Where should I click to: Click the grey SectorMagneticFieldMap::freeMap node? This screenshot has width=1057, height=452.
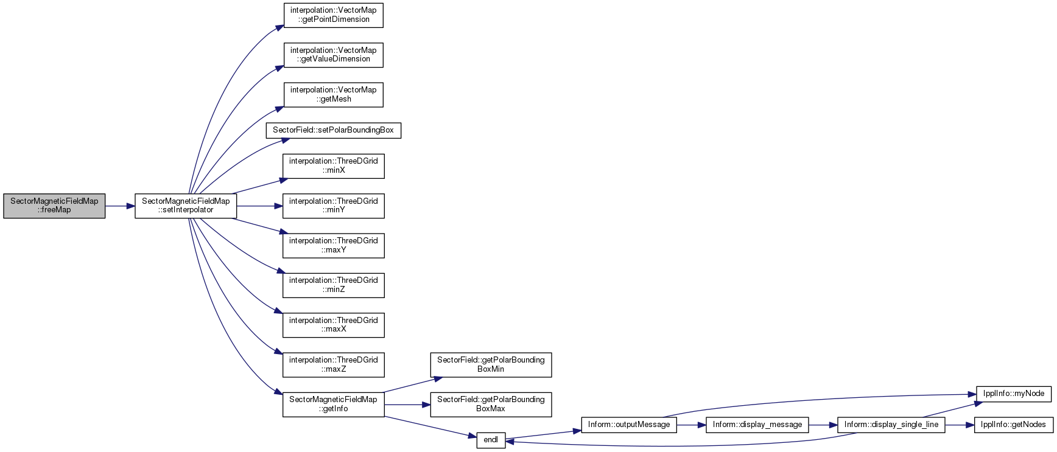pos(54,206)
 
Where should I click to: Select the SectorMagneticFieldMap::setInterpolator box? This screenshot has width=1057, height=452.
pos(186,206)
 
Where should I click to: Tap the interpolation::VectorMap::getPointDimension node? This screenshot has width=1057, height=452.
pos(334,15)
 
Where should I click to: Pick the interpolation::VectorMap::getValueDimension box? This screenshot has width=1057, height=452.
pos(334,55)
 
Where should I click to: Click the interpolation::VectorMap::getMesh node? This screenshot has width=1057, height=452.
pos(334,95)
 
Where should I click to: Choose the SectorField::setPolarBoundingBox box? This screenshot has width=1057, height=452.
pos(334,130)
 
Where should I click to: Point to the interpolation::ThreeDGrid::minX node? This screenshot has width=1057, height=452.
pos(334,166)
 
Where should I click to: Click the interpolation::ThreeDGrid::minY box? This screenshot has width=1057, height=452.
pos(334,206)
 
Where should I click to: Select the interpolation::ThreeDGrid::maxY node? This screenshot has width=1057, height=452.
pos(334,246)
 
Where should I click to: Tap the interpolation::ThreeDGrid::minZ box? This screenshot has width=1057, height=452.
pos(334,285)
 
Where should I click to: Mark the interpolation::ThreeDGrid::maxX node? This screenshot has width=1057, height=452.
pos(334,325)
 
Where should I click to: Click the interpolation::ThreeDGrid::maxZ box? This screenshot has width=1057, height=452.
pos(334,365)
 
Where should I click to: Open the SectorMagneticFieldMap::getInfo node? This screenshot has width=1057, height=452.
pos(334,405)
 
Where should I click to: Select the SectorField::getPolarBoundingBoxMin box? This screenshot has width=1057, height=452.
pos(491,365)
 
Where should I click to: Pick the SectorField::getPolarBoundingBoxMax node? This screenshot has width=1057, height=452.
pos(491,405)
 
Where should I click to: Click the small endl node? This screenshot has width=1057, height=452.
pos(491,440)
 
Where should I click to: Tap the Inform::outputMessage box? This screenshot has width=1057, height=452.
pos(629,425)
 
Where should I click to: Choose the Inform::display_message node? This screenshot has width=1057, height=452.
pos(757,425)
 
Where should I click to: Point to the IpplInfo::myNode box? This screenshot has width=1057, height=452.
pos(1014,394)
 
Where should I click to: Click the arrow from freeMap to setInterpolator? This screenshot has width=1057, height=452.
pos(120,206)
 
